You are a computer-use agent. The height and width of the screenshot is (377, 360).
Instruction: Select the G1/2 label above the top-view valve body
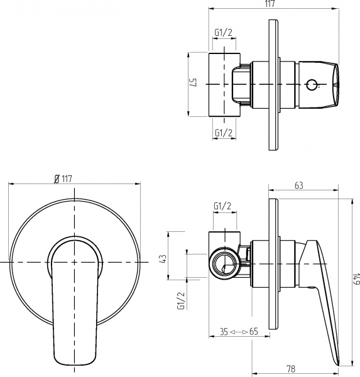[x=224, y=33]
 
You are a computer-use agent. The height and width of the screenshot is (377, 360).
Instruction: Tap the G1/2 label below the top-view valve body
[x=224, y=132]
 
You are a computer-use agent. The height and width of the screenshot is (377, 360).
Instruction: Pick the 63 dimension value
[x=299, y=185]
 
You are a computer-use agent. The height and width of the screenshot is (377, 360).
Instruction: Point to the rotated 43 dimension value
[x=163, y=258]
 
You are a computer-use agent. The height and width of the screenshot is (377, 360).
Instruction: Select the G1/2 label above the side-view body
[x=223, y=206]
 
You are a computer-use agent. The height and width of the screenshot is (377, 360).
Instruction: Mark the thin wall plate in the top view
[x=275, y=84]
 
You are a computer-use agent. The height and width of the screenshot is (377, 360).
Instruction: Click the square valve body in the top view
[x=223, y=84]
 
